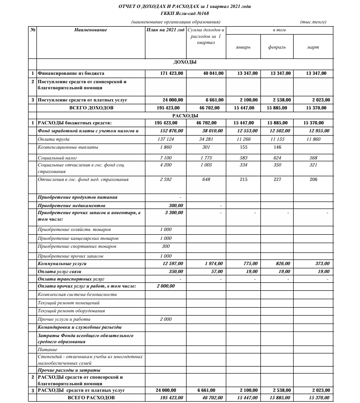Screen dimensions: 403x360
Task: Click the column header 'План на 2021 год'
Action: click(x=165, y=30)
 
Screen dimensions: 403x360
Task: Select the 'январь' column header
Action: click(x=244, y=47)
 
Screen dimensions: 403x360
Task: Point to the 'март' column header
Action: click(x=313, y=47)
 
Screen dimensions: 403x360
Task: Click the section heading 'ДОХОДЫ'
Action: click(x=185, y=62)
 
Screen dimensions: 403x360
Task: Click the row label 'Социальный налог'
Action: click(x=55, y=158)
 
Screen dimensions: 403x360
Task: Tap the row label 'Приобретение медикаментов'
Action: click(x=72, y=205)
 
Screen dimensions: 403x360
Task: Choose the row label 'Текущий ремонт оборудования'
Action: click(x=71, y=310)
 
